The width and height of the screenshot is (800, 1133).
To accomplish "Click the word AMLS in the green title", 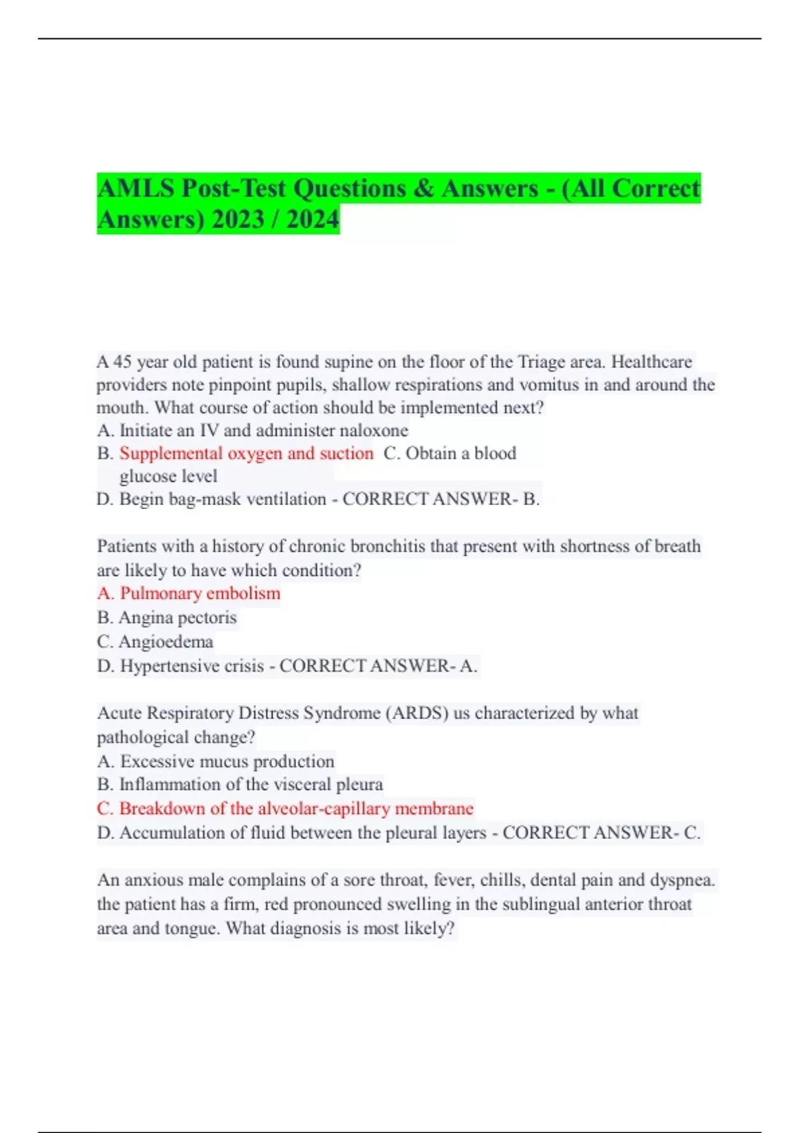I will (x=135, y=189).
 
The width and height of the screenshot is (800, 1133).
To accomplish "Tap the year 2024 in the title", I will (x=313, y=219).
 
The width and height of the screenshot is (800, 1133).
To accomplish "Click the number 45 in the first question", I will (x=122, y=362).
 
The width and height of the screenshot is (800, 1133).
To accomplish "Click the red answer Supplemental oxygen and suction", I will (x=246, y=453).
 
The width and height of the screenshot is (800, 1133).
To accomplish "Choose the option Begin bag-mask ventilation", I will (x=223, y=499).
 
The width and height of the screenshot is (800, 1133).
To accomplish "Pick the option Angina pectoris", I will (x=177, y=618).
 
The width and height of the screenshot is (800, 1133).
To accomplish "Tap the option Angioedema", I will (x=165, y=642).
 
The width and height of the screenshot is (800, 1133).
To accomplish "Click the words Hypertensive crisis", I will (x=192, y=666).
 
